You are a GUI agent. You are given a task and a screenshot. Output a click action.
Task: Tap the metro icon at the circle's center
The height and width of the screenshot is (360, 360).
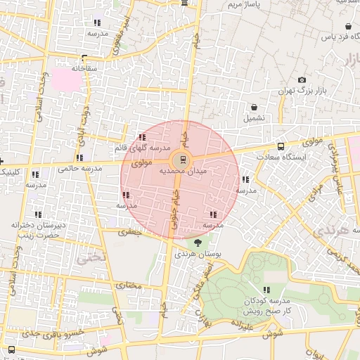click(x=184, y=158)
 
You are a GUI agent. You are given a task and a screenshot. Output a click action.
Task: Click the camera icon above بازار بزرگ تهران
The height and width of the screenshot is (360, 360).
click(x=302, y=80)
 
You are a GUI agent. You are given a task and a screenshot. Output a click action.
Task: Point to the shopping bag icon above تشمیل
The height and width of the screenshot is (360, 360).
click(x=254, y=108)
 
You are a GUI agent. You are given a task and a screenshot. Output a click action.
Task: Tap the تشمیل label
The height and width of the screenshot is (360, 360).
click(x=254, y=118)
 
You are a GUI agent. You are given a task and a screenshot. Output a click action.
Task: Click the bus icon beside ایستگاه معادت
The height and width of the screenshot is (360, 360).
click(x=281, y=147)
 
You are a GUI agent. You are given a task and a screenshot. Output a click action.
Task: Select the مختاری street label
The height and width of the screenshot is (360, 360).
click(x=129, y=285)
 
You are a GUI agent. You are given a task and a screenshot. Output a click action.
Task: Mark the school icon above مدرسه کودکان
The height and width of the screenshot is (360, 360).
click(x=266, y=290)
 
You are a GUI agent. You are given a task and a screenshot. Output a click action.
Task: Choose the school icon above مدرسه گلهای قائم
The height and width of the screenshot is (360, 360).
click(x=143, y=138)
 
